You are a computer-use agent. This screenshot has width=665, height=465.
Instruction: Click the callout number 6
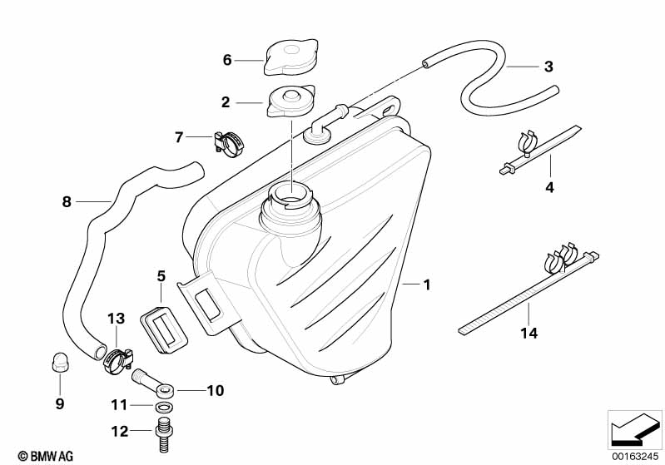(x=227, y=60)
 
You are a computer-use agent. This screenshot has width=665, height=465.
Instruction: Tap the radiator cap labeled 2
(x=290, y=101)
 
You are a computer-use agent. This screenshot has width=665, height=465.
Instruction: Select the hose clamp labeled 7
(x=230, y=143)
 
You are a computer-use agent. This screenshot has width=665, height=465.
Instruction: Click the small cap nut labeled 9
(x=58, y=363)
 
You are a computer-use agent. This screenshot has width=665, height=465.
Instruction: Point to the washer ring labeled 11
(x=162, y=408)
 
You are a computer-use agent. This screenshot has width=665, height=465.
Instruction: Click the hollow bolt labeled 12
(x=161, y=433)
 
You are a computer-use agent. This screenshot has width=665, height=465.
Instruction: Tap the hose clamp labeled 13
(x=118, y=360)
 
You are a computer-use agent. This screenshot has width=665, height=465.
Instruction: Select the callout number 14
(x=529, y=334)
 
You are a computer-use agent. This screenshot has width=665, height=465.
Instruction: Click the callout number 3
(x=548, y=67)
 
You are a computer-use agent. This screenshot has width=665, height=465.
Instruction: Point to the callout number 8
(x=67, y=202)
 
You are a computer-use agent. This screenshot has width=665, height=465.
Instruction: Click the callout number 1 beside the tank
(x=427, y=284)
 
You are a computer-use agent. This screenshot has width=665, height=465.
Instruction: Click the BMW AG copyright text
(x=46, y=456)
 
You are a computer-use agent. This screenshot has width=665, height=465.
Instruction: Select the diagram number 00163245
(x=635, y=456)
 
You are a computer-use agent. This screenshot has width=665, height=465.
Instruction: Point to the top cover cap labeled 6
(x=291, y=57)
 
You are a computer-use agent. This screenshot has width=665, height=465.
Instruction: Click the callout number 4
(x=549, y=187)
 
